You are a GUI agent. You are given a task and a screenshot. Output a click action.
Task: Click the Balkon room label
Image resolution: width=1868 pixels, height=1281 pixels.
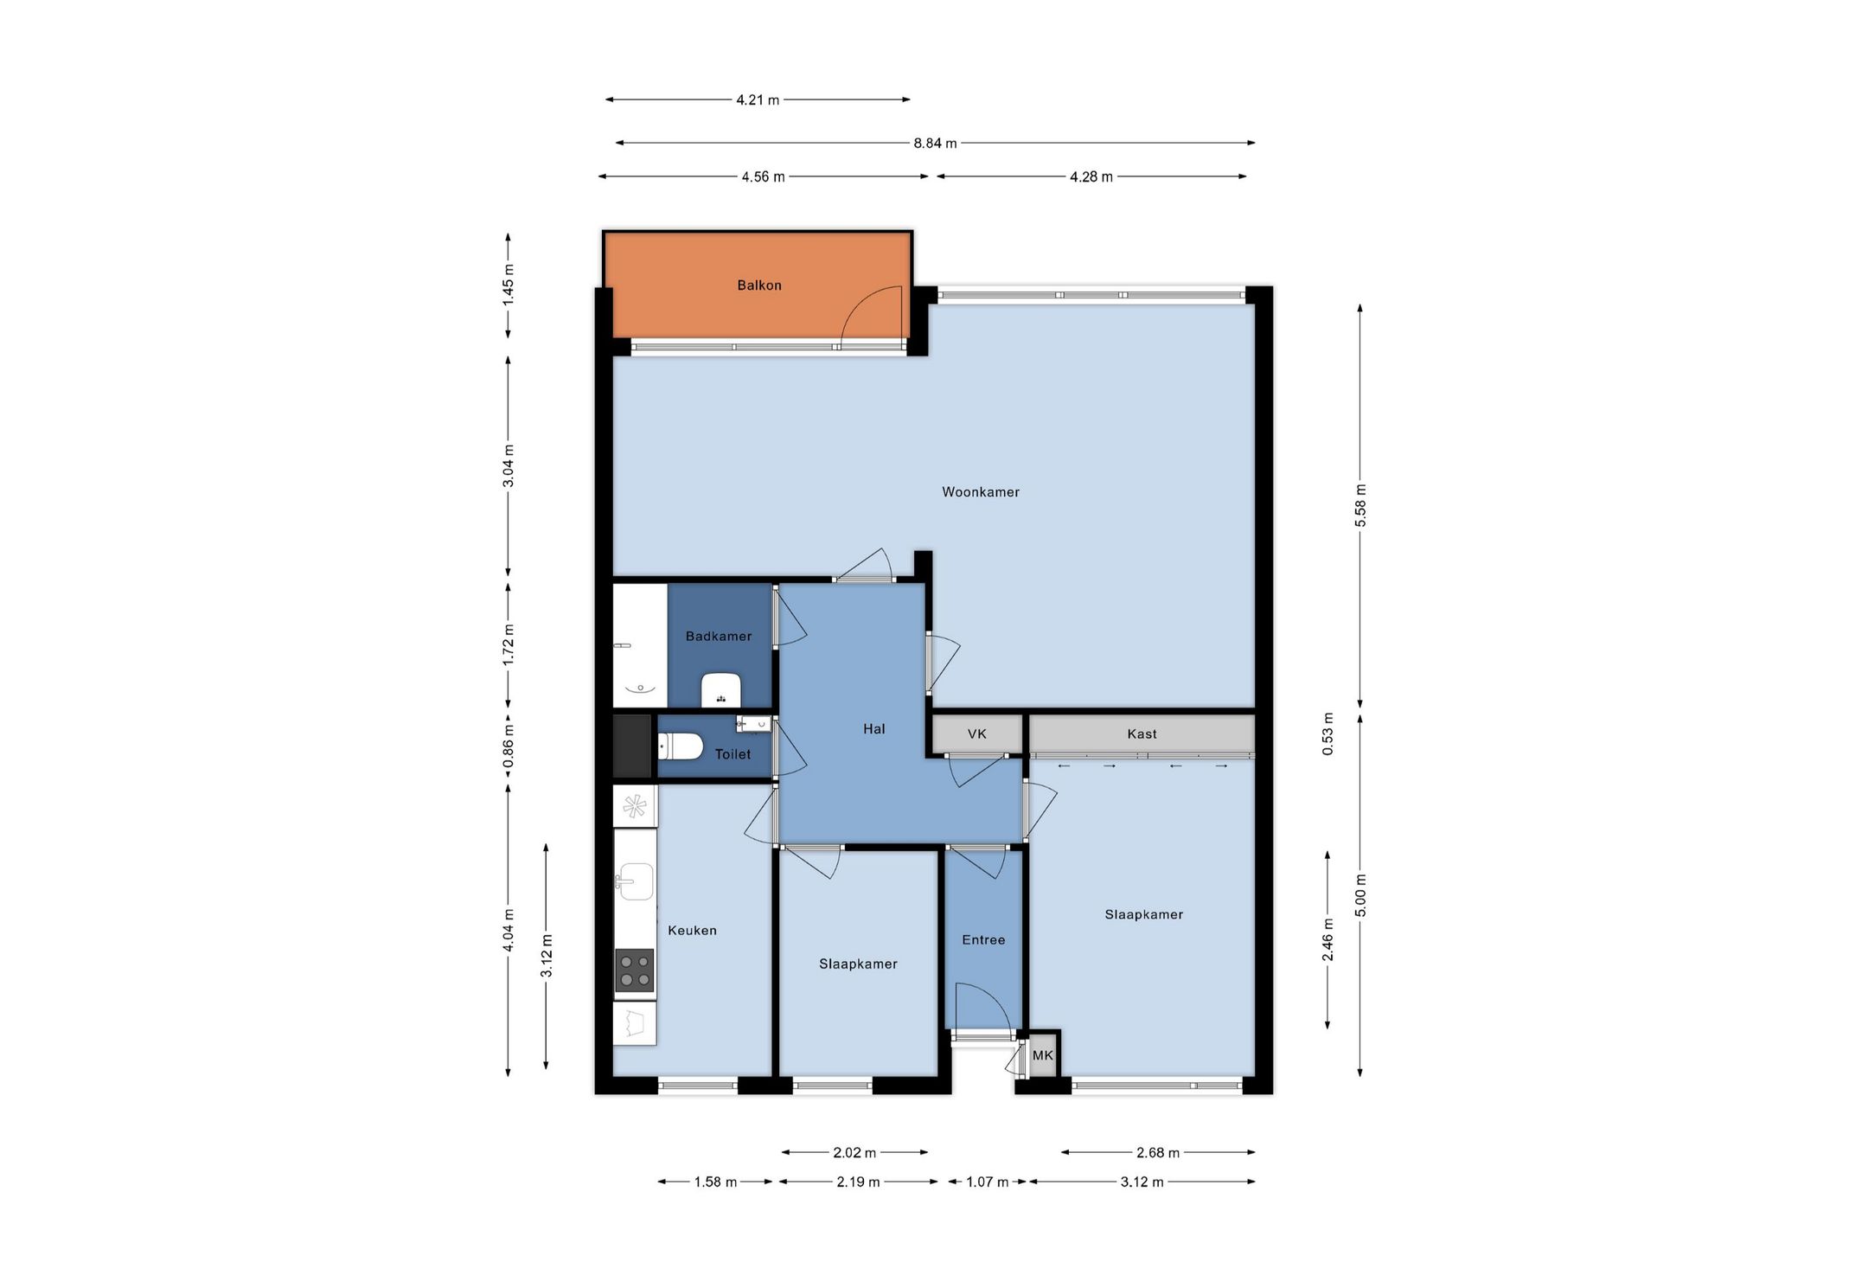click(x=759, y=285)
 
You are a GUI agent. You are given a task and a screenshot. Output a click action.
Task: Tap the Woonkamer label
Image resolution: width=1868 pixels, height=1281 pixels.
click(x=981, y=492)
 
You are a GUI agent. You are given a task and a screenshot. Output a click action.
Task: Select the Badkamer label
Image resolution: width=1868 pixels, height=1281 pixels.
click(x=719, y=637)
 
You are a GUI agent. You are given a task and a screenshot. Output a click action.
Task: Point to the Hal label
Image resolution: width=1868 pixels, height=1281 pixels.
click(x=874, y=729)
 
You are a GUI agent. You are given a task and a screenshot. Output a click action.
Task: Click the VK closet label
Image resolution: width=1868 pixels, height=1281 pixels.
click(x=977, y=734)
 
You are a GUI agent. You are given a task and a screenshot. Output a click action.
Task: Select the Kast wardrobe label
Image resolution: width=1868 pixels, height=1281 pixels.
click(x=1142, y=734)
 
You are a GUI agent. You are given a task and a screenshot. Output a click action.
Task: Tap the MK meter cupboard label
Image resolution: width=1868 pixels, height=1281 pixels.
click(x=1043, y=1055)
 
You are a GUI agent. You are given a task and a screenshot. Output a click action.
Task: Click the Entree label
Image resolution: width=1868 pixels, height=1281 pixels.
click(x=984, y=939)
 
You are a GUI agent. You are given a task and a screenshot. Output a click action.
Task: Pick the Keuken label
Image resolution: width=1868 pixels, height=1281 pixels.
click(x=692, y=931)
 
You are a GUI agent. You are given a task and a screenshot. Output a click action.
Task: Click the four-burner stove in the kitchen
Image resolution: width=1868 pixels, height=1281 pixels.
click(x=635, y=970)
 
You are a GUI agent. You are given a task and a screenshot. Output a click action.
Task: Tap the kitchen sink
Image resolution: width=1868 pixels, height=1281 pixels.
click(x=635, y=882)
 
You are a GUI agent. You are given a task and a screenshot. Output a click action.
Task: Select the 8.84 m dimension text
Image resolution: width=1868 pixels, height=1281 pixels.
click(x=935, y=144)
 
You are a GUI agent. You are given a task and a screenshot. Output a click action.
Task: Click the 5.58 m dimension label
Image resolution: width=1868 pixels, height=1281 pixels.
click(x=1360, y=506)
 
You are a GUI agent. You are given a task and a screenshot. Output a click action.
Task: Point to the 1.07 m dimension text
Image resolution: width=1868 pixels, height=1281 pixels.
click(x=987, y=1182)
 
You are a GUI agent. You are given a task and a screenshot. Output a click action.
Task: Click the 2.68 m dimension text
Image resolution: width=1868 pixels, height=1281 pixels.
click(x=1158, y=1153)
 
